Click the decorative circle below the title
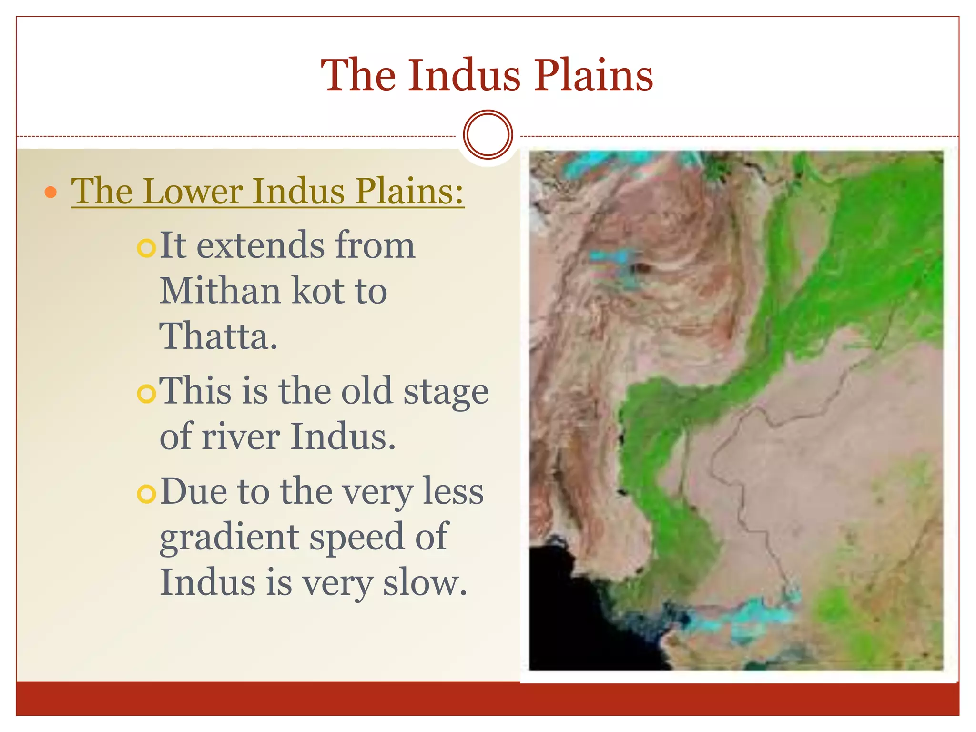[x=488, y=134]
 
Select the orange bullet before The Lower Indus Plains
[x=51, y=193]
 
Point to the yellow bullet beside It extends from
[x=146, y=248]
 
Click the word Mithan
[x=220, y=291]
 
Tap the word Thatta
[x=218, y=336]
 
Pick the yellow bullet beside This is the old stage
[x=146, y=394]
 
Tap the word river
[x=241, y=437]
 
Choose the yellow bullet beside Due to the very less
[x=146, y=494]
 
